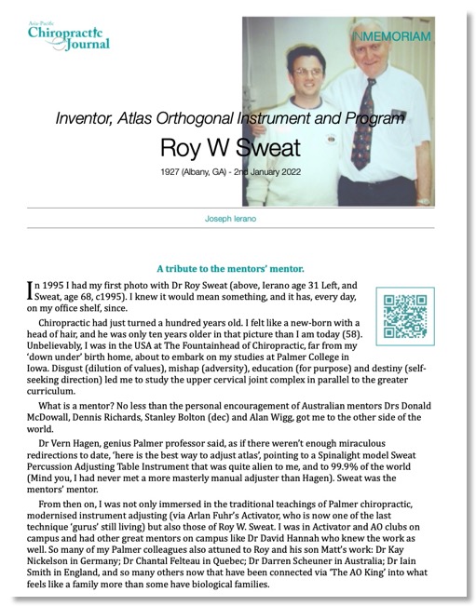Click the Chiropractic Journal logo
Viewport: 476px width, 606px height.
click(x=69, y=34)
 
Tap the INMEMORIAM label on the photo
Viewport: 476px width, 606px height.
click(x=391, y=35)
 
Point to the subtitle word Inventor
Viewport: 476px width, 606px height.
click(x=88, y=118)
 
